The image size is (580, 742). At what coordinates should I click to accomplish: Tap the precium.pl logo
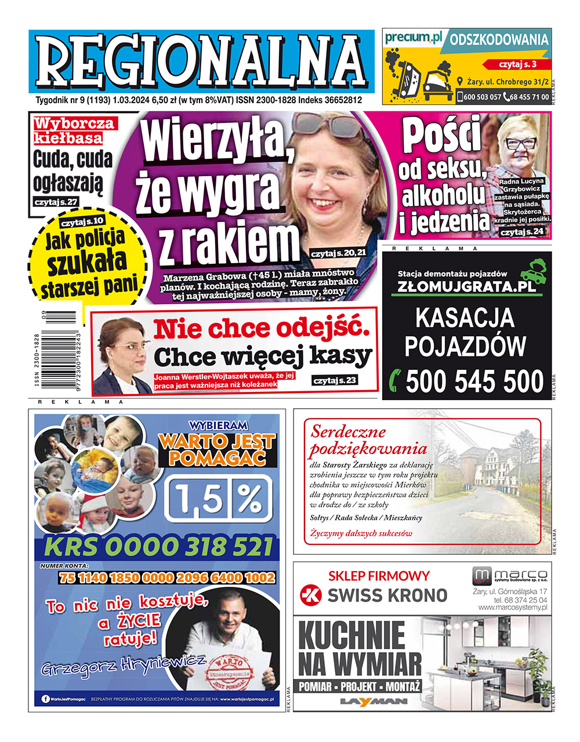coord(413,38)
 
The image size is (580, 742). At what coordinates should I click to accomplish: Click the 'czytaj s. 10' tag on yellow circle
coord(82,221)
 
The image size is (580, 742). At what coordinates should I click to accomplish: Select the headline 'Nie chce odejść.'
coord(261,329)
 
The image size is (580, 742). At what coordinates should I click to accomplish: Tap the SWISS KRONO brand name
coord(387,595)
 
